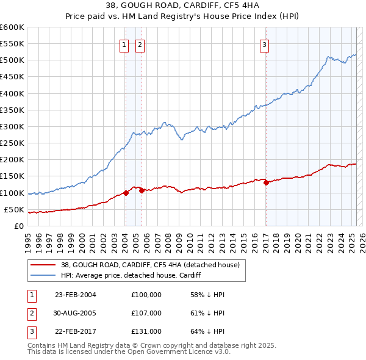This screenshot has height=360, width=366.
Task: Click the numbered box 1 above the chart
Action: click(124, 44)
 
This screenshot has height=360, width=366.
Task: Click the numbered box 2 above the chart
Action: click(140, 44)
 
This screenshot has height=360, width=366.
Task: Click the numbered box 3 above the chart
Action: click(265, 44)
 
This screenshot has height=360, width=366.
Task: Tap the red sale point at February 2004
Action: click(126, 193)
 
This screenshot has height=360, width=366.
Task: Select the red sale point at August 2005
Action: click(142, 190)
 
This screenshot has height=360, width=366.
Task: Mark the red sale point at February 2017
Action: click(266, 182)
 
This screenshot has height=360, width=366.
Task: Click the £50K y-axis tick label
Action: click(14, 210)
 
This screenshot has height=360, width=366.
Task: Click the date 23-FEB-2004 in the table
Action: click(75, 295)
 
